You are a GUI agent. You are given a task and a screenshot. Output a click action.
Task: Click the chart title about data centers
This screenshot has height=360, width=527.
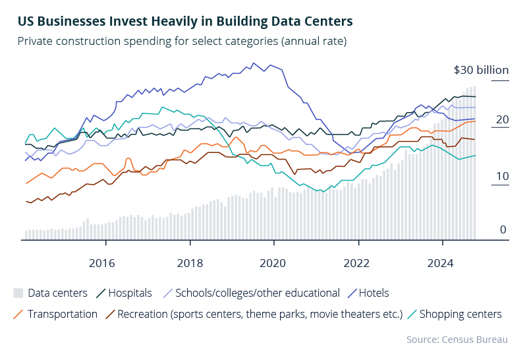[185, 22]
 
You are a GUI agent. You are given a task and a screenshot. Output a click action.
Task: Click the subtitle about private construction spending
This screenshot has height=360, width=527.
[182, 42]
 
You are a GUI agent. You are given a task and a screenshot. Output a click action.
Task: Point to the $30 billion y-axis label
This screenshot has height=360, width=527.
[482, 70]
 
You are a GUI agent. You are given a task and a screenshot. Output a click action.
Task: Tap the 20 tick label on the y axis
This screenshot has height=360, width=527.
[503, 119]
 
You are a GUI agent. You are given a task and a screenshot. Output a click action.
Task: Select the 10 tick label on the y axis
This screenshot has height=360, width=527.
[503, 176]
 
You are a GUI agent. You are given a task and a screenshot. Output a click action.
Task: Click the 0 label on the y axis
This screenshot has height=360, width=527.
[503, 230]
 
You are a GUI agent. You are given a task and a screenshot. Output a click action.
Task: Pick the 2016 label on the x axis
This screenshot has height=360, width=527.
[101, 263]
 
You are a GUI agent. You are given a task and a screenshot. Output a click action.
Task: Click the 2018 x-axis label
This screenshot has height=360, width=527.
[190, 263]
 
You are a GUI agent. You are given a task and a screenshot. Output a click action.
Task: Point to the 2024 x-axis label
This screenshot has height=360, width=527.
[442, 263]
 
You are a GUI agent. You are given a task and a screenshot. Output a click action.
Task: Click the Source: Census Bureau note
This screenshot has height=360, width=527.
[457, 339]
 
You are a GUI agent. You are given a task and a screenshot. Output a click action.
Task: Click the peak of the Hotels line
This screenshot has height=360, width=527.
[254, 63]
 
